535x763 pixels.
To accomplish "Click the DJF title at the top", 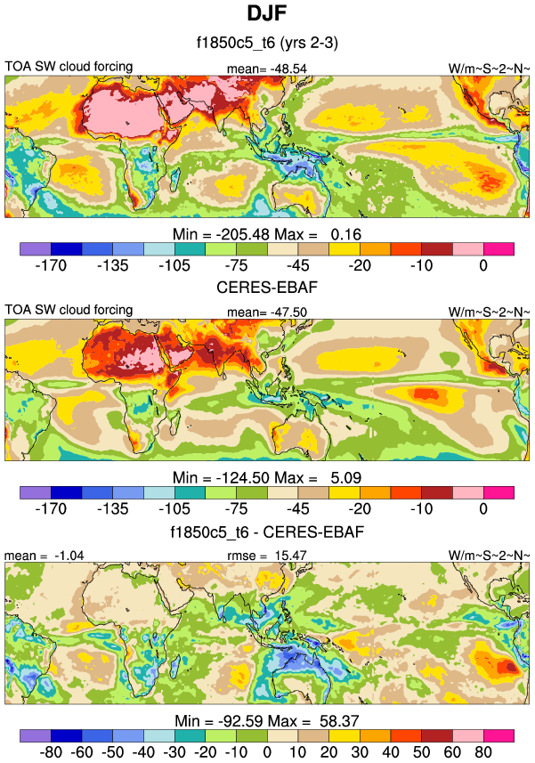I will click(267, 15).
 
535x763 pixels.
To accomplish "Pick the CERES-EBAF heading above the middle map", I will click(267, 288).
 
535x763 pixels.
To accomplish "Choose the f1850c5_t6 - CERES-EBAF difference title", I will click(267, 532).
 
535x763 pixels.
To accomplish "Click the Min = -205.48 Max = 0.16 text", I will click(267, 234).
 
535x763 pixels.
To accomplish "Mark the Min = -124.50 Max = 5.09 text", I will click(267, 477).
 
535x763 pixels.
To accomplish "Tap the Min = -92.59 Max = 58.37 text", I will click(267, 720).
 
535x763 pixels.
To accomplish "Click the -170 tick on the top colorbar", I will click(51, 264).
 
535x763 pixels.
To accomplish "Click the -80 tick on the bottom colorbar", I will click(51, 752).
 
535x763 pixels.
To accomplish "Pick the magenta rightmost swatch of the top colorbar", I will click(499, 248).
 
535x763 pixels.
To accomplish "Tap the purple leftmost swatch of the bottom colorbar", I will click(36, 735).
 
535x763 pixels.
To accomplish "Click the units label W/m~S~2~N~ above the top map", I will click(489, 69).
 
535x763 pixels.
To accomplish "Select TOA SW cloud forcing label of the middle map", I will click(69, 310).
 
